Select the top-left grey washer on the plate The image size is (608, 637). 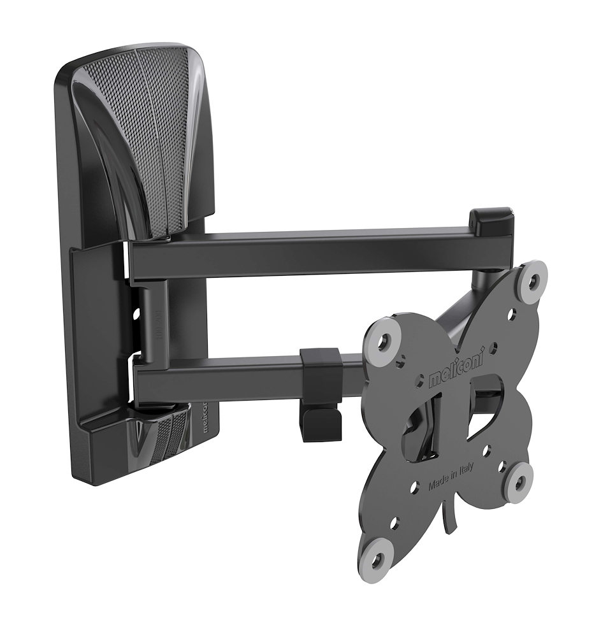[383, 341]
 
